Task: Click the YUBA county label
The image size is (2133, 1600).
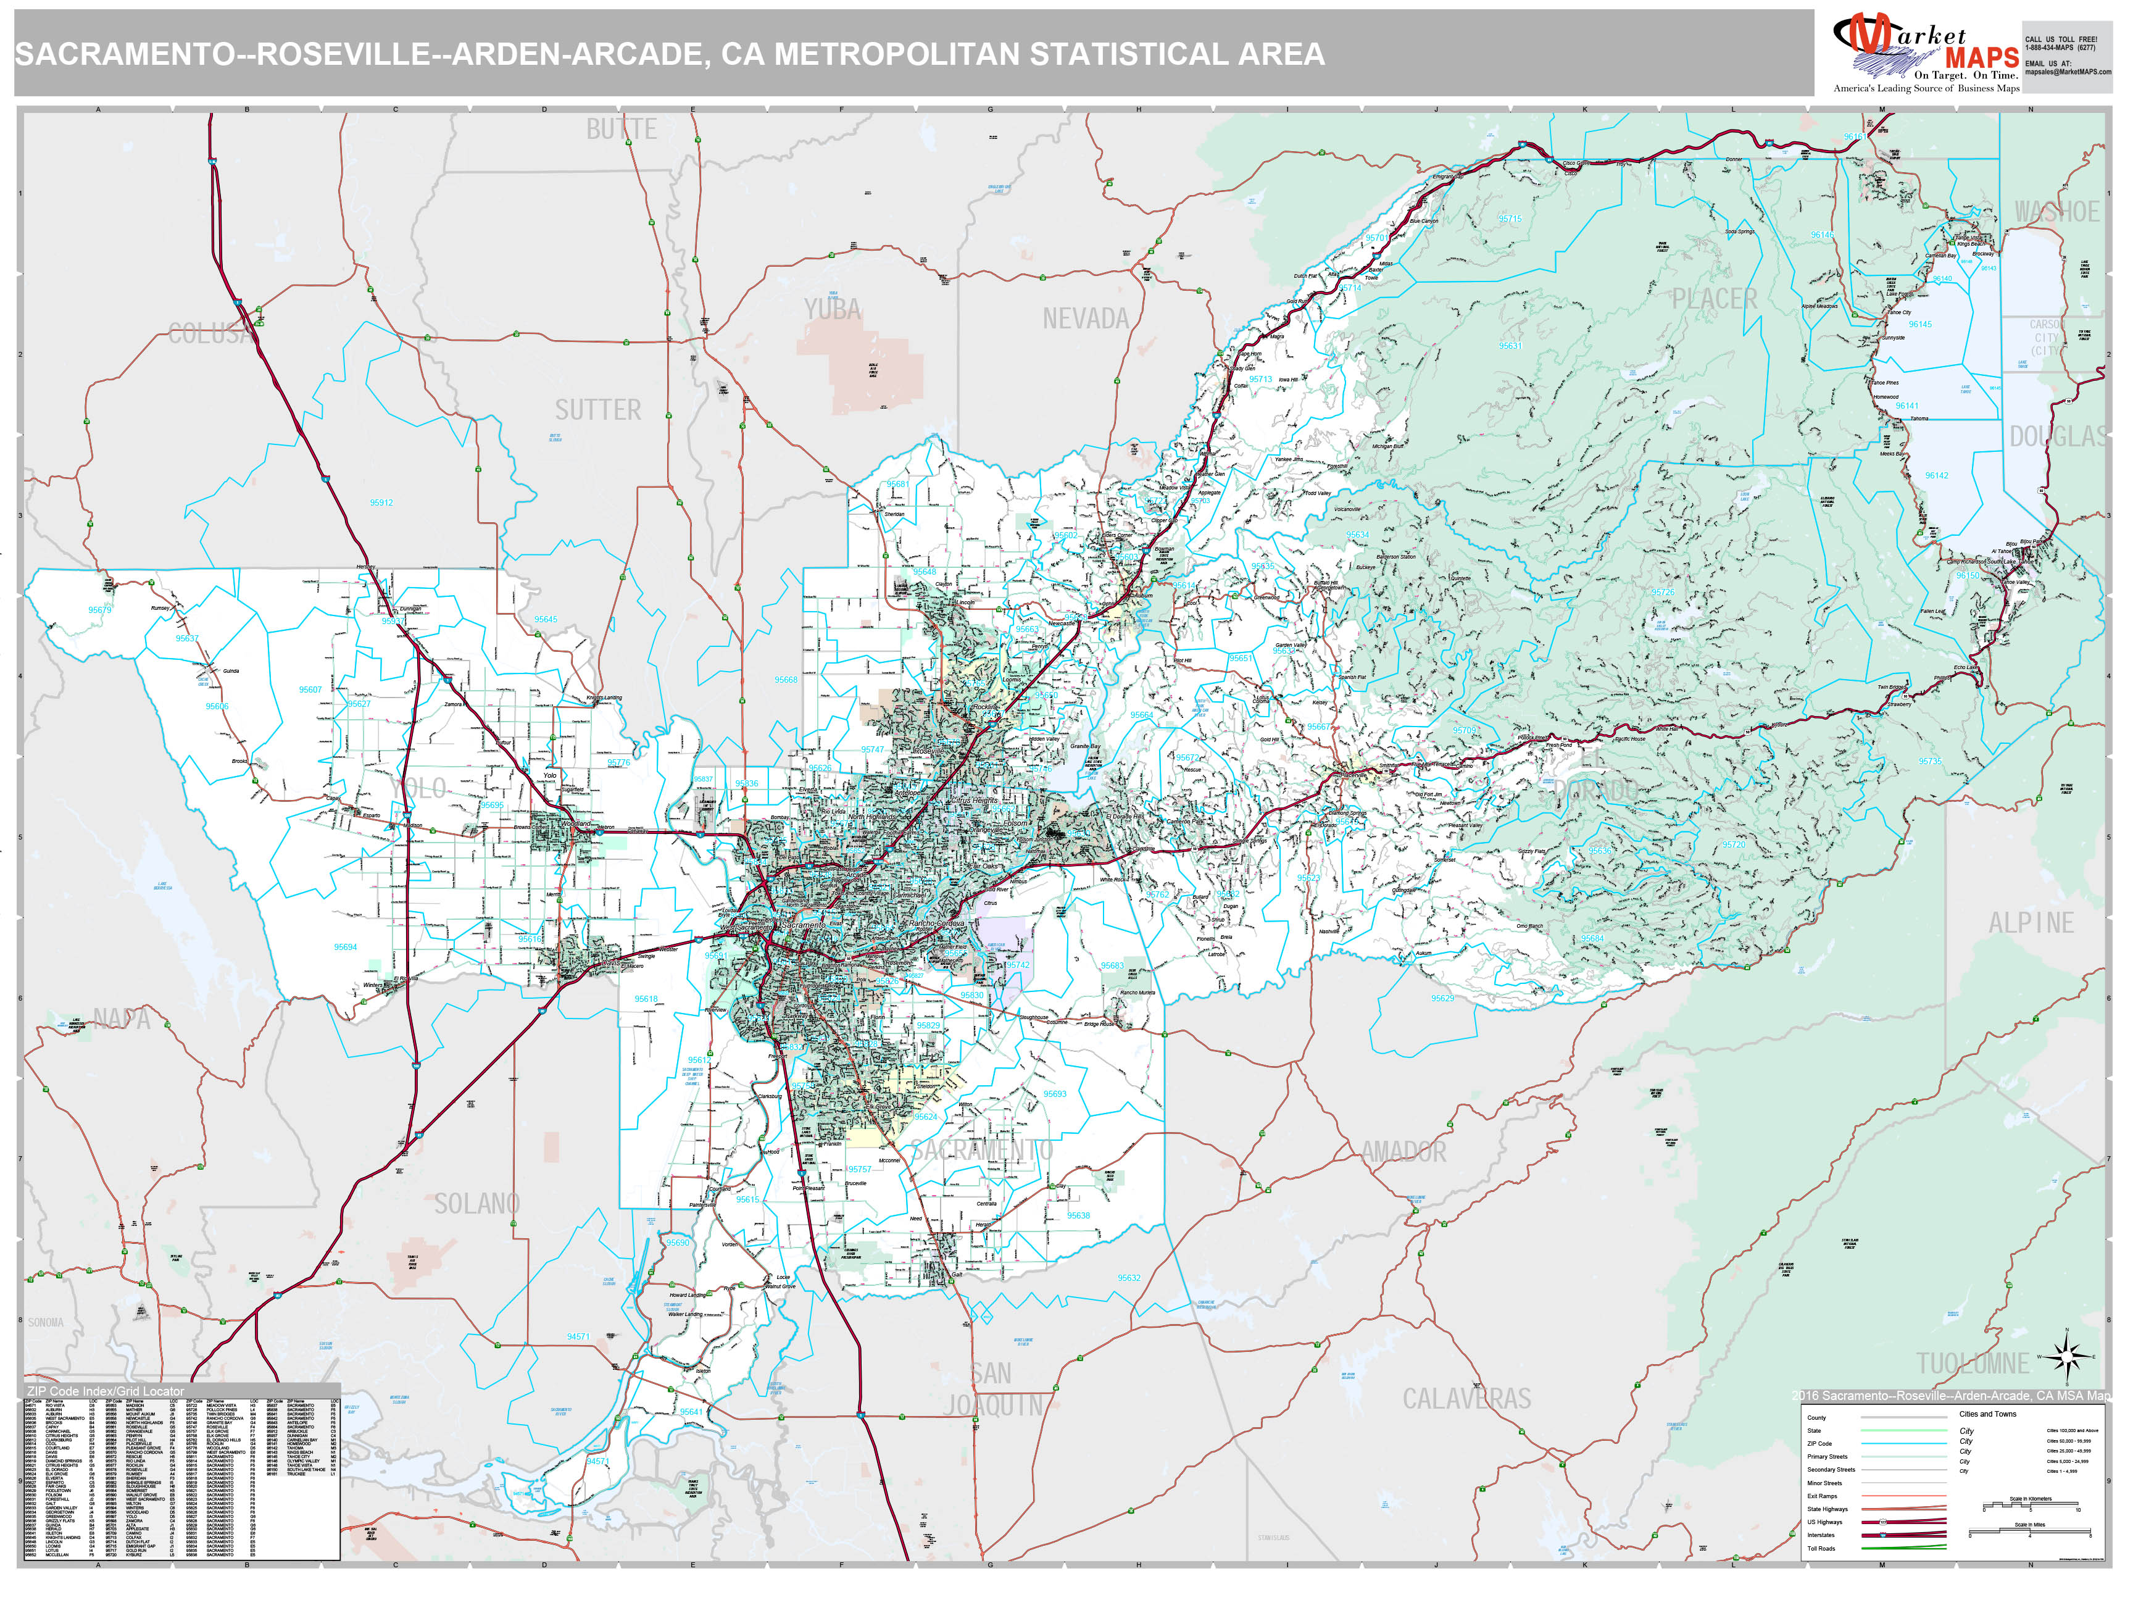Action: [832, 310]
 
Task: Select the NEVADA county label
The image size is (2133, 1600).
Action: [1085, 319]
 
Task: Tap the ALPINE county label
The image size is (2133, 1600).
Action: [2030, 923]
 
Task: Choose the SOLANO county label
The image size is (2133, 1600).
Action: [476, 1204]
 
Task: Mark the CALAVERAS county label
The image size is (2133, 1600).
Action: [1466, 1398]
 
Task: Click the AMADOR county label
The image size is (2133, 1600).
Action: [1403, 1151]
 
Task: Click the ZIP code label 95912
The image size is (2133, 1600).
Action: [381, 502]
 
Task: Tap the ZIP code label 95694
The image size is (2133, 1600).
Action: [345, 947]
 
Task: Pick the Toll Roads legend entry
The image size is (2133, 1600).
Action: [1821, 1548]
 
